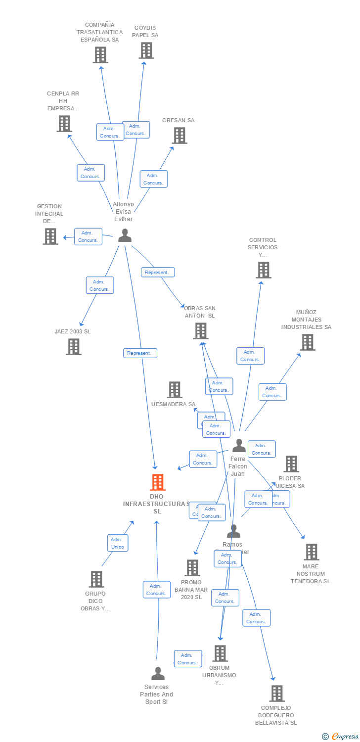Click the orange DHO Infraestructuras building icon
[x=158, y=482]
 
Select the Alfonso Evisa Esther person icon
[x=125, y=235]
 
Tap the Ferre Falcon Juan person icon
[x=239, y=446]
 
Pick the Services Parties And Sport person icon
[x=158, y=674]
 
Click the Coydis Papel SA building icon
[x=146, y=50]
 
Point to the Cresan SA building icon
[x=180, y=136]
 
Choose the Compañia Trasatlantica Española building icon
[x=100, y=55]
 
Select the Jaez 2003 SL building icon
[x=74, y=347]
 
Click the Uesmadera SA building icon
[x=174, y=390]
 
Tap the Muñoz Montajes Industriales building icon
[x=307, y=342]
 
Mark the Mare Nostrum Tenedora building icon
[x=311, y=552]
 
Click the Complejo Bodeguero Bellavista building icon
[x=277, y=694]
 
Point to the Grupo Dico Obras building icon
[x=96, y=579]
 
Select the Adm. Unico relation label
[x=118, y=543]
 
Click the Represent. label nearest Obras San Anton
[x=158, y=272]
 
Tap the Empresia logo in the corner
[x=340, y=737]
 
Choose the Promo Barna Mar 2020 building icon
[x=192, y=568]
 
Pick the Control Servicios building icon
[x=264, y=270]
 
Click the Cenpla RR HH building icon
[x=64, y=124]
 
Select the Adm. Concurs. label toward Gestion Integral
[x=88, y=236]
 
